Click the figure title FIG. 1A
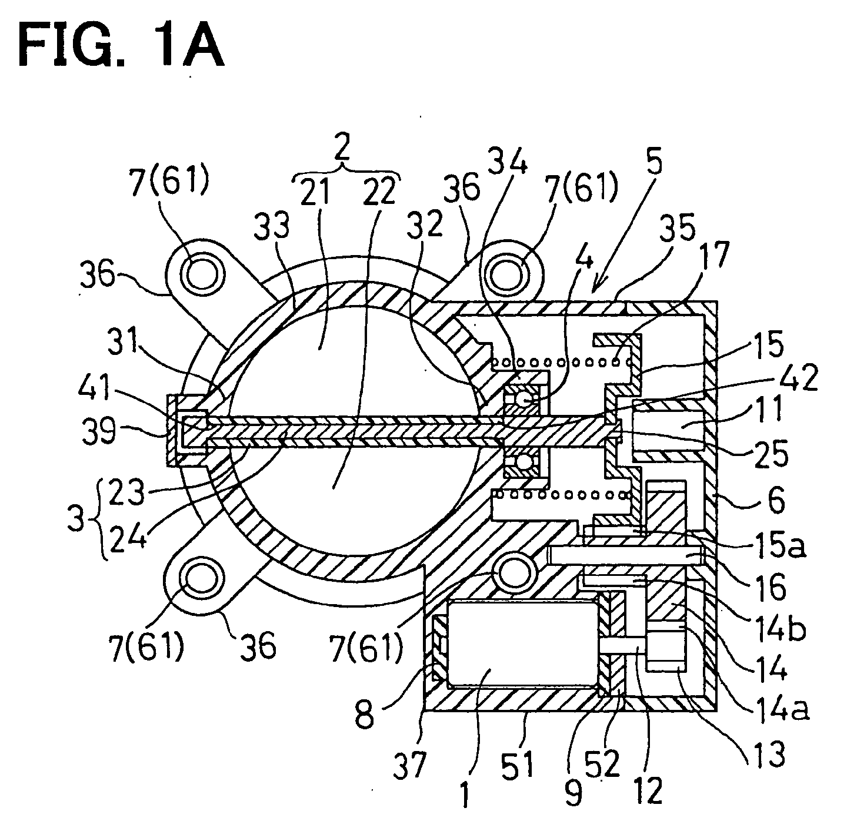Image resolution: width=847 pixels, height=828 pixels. click(x=121, y=45)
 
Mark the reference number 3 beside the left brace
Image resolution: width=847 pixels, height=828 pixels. click(x=76, y=518)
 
